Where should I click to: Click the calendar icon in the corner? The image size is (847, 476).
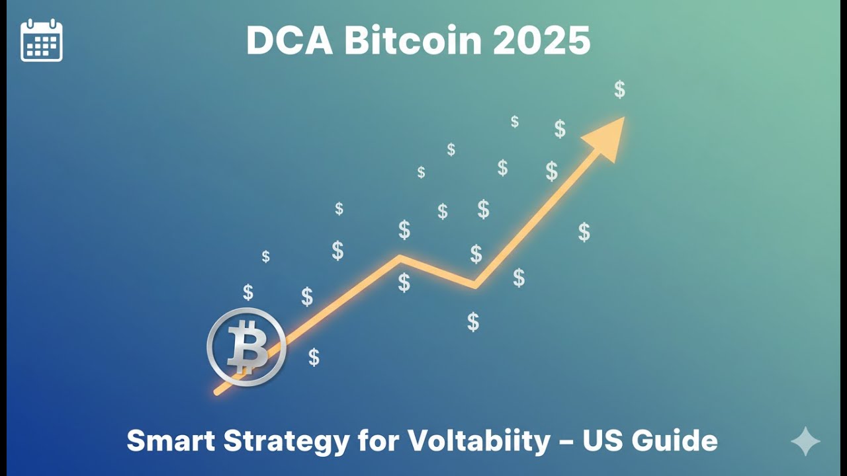(x=42, y=40)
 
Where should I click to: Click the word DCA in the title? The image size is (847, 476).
(x=289, y=41)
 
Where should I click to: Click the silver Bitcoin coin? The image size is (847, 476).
(x=246, y=346)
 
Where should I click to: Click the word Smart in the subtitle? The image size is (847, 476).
(x=167, y=441)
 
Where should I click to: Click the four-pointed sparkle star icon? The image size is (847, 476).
(x=805, y=442)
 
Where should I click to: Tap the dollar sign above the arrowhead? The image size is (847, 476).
(x=619, y=89)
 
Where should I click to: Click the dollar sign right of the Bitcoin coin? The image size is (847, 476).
(x=314, y=357)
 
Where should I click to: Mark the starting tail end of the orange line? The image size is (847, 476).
(x=218, y=392)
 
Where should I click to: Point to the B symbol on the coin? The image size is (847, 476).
(x=245, y=347)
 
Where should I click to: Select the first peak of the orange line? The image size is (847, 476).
(x=399, y=258)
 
